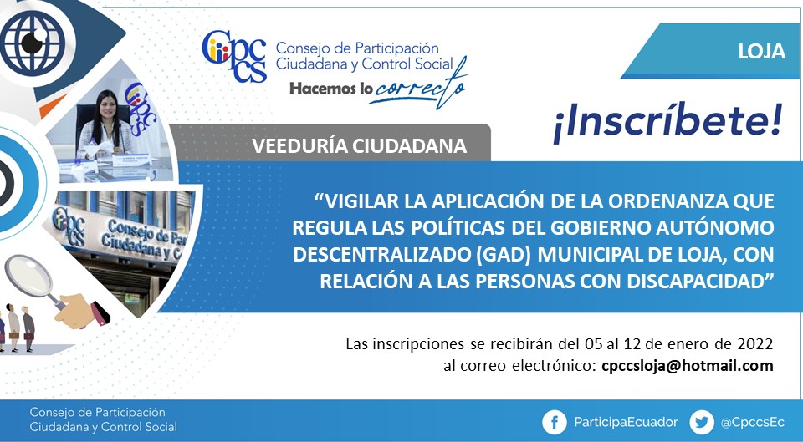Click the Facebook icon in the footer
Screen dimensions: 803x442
[555, 422]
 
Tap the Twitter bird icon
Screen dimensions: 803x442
[702, 422]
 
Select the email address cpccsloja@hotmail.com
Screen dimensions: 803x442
[688, 366]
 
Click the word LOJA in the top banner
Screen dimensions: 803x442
[761, 51]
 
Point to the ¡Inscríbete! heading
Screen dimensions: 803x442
[667, 122]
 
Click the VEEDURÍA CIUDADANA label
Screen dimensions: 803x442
[359, 145]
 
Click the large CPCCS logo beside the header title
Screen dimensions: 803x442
[234, 56]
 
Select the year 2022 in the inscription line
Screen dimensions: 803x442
[754, 343]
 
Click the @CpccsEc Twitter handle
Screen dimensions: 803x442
[752, 423]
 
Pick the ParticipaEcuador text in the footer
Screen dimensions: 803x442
[626, 423]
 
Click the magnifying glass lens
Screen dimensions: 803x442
[28, 275]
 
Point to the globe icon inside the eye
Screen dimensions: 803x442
[33, 43]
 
